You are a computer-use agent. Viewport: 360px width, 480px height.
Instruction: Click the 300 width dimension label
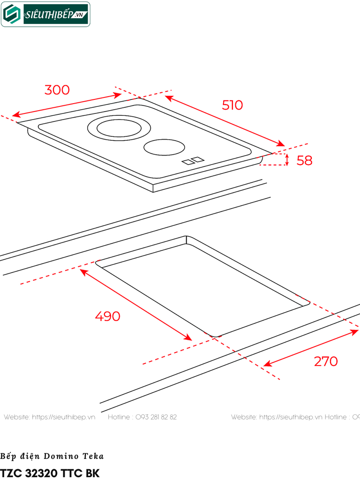[x=57, y=90]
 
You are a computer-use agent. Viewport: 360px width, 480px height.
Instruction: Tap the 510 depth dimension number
[x=232, y=105]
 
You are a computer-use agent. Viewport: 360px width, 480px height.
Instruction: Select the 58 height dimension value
[x=304, y=160]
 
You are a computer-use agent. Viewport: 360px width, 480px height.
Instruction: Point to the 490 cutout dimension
[x=107, y=316]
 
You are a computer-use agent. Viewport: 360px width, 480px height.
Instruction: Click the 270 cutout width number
[x=326, y=361]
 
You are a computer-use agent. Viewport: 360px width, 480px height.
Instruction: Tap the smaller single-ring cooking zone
[x=165, y=147]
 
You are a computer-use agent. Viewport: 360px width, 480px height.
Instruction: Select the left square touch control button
[x=187, y=162]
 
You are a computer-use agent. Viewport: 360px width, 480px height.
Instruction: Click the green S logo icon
[x=12, y=14]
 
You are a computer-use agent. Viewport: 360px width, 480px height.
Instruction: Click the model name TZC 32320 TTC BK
[x=50, y=473]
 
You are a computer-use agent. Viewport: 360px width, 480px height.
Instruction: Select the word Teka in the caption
[x=93, y=456]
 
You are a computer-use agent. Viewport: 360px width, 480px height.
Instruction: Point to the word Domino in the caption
[x=61, y=456]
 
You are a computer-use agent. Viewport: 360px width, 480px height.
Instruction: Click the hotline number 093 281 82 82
[x=156, y=417]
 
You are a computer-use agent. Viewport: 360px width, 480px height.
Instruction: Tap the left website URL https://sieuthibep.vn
[x=64, y=417]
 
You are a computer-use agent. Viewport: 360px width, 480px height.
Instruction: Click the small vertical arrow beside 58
[x=287, y=159]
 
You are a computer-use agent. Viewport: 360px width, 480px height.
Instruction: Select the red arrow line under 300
[x=67, y=105]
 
